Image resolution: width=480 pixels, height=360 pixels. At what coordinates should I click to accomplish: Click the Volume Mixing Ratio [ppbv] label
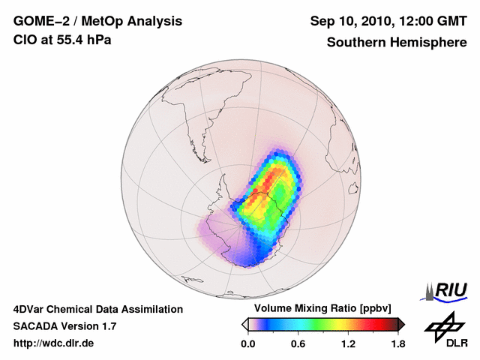click(320, 308)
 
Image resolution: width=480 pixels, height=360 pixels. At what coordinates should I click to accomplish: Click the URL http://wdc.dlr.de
click(54, 343)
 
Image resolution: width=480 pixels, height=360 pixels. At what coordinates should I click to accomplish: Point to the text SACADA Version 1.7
click(64, 326)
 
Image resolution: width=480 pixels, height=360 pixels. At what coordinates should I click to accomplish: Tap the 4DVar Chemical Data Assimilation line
click(97, 309)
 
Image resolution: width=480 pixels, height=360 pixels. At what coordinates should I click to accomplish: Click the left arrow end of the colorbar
click(244, 324)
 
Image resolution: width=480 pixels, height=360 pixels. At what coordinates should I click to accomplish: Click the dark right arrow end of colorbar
click(400, 324)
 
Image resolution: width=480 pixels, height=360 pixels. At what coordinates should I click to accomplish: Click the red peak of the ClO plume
click(279, 174)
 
